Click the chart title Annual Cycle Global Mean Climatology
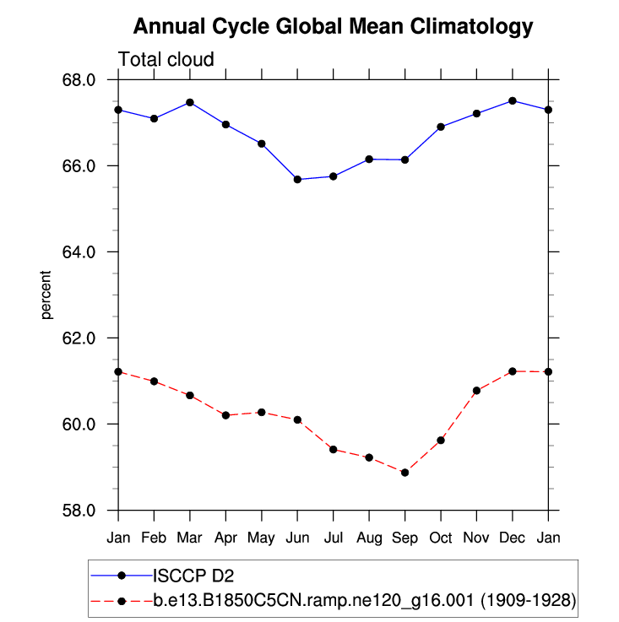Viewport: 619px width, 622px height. (x=334, y=27)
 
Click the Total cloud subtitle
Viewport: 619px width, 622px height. (x=166, y=59)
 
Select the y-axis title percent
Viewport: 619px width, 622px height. (x=46, y=295)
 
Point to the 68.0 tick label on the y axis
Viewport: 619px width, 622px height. (x=88, y=80)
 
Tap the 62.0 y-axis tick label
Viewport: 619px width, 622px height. (x=88, y=338)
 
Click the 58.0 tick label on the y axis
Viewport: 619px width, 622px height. (x=88, y=511)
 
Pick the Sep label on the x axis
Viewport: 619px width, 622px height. (x=405, y=537)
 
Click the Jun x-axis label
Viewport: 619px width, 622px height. (x=297, y=537)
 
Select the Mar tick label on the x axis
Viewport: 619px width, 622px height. (x=190, y=537)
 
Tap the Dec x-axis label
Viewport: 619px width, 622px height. (x=512, y=537)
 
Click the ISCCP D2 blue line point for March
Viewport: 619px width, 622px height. (x=190, y=102)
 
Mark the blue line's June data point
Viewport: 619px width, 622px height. (x=297, y=179)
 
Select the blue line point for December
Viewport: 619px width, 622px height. (x=512, y=100)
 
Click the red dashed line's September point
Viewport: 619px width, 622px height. (x=405, y=473)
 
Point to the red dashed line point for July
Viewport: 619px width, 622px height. (x=333, y=449)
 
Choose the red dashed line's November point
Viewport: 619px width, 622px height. (x=476, y=390)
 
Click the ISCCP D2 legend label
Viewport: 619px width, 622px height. (x=193, y=576)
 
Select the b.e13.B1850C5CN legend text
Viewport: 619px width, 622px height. (x=364, y=601)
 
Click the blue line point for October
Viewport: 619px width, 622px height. (x=441, y=127)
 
